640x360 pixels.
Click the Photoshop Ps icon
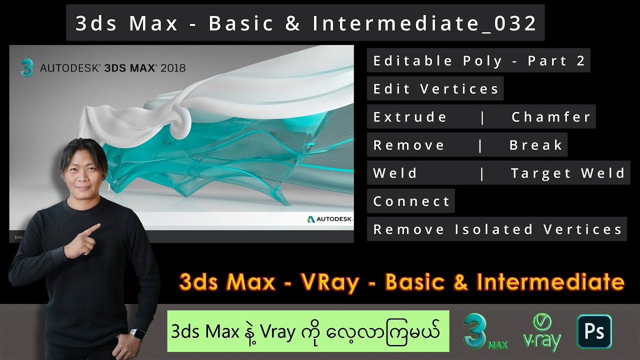(x=594, y=331)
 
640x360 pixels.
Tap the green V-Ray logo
(x=541, y=332)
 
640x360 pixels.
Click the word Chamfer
(x=551, y=117)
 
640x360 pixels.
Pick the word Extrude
(x=410, y=117)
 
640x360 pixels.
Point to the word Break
(x=536, y=145)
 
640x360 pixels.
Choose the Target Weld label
(x=568, y=173)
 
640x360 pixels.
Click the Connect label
(x=411, y=201)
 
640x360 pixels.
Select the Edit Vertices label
(x=435, y=89)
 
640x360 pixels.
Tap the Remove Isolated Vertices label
(x=497, y=229)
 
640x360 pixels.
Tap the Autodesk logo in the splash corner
(x=329, y=219)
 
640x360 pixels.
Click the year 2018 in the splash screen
(x=173, y=68)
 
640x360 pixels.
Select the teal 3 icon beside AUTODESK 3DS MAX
(x=27, y=68)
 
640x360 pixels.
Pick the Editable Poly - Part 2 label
(x=478, y=61)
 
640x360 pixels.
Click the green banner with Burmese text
(x=308, y=331)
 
